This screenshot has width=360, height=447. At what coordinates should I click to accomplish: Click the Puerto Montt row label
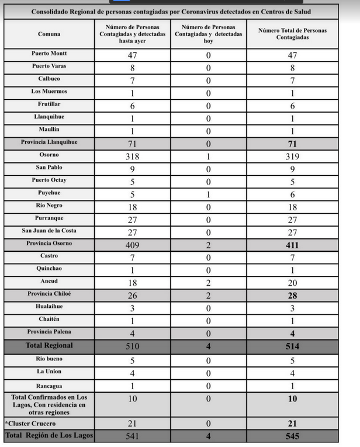tap(49, 54)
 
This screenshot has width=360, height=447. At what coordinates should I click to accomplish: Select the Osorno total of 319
tap(292, 156)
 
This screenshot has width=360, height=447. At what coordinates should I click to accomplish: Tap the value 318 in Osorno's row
tap(132, 156)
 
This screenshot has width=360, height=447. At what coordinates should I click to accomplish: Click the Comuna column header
tap(49, 34)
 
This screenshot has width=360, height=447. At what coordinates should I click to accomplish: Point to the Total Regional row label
tap(49, 346)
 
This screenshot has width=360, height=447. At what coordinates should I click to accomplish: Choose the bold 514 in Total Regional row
tap(292, 346)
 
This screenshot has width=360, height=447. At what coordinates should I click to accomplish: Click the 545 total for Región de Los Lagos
tap(292, 436)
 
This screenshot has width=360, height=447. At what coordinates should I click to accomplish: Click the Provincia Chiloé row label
tap(49, 294)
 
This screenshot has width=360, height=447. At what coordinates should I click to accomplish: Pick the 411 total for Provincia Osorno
tap(292, 245)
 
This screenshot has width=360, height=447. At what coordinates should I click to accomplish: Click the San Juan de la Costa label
tap(49, 230)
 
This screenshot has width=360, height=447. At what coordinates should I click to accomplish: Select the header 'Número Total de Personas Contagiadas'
tap(292, 34)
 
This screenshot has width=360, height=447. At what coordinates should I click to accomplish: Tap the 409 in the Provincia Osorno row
tap(132, 245)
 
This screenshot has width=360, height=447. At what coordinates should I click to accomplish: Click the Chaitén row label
tap(49, 319)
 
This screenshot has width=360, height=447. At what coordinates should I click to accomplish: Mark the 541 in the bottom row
tap(132, 436)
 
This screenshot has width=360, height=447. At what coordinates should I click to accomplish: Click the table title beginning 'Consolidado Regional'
tap(171, 12)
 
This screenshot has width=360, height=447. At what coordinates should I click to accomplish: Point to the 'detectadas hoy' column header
tap(209, 34)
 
